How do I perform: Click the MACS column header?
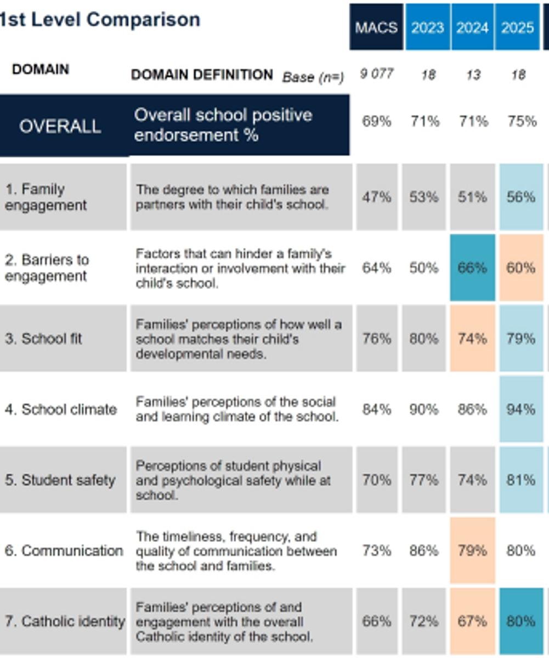pyautogui.click(x=376, y=27)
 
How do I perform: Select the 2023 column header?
pyautogui.click(x=427, y=27)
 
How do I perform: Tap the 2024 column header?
pyautogui.click(x=472, y=27)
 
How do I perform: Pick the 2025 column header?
pyautogui.click(x=517, y=27)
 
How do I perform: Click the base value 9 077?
pyautogui.click(x=376, y=74)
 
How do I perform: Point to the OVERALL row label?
pyautogui.click(x=60, y=126)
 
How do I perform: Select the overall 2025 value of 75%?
pyautogui.click(x=522, y=121)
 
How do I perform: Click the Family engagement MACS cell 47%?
pyautogui.click(x=377, y=197)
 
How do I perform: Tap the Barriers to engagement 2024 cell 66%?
pyautogui.click(x=472, y=268)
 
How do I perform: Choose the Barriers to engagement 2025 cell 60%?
pyautogui.click(x=521, y=268)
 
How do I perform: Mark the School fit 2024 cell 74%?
pyautogui.click(x=472, y=338)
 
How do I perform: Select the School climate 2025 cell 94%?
pyautogui.click(x=521, y=409)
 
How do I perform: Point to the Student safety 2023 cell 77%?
pyautogui.click(x=424, y=480)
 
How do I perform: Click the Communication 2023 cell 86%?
pyautogui.click(x=424, y=551)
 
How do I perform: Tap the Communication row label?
pyautogui.click(x=64, y=551)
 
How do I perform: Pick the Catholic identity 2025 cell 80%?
pyautogui.click(x=521, y=621)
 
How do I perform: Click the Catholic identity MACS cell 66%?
pyautogui.click(x=377, y=621)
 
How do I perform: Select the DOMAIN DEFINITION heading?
pyautogui.click(x=202, y=75)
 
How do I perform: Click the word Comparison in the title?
pyautogui.click(x=143, y=20)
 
